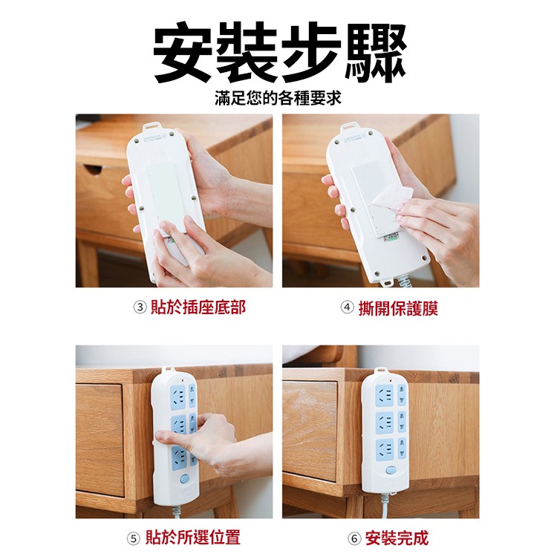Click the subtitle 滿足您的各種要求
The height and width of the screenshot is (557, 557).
pos(278,98)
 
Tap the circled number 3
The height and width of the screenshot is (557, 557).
pos(140,307)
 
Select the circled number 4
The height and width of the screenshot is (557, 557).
pos(347,307)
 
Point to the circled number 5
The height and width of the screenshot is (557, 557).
pos(134,538)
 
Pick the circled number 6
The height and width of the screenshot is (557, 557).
pos(354,538)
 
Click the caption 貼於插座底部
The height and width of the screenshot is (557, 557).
pos(198,307)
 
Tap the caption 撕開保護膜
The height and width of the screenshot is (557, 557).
pos(398,307)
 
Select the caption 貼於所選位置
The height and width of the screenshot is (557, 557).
pos(193,538)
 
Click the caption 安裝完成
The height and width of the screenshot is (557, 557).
pos(397,538)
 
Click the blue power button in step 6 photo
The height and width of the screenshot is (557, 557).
pos(391,470)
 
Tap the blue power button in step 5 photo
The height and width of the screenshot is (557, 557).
pos(184,479)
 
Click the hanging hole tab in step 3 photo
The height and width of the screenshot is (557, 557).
pos(152,128)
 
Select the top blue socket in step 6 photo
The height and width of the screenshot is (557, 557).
pos(385,395)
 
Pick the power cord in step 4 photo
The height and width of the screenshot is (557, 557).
pos(406,282)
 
